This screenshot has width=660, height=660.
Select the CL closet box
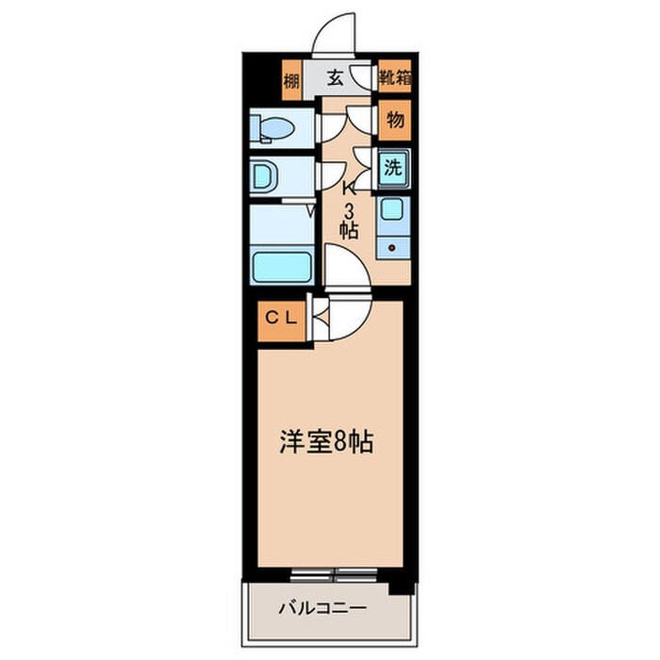pos(280,319)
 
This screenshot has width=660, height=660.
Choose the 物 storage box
pos(395,121)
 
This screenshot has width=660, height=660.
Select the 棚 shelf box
pos(290,81)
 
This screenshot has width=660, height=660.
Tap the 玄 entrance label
pos(335,79)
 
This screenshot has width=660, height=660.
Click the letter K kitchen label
pos(349,186)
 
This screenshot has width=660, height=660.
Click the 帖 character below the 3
pos(349,229)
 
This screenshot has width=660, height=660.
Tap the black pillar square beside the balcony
pos(403,582)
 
